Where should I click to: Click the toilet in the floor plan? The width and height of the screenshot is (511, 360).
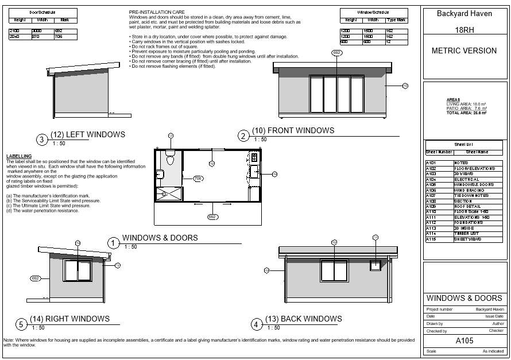[170, 156]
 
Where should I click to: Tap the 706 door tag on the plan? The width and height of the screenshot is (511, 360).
[198, 179]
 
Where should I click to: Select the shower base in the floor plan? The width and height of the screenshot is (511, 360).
[168, 193]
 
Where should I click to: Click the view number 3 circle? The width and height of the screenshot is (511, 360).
[41, 139]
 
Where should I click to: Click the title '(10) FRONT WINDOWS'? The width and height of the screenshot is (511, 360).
[293, 130]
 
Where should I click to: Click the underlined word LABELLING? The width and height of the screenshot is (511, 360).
[18, 156]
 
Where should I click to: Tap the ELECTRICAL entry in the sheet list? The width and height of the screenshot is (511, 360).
[467, 179]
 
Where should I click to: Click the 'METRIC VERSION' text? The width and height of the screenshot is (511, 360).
[464, 51]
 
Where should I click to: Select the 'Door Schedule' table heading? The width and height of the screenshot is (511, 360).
[42, 12]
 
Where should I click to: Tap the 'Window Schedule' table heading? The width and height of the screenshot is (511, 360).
[373, 12]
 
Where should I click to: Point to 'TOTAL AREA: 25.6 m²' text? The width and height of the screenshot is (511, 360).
[466, 113]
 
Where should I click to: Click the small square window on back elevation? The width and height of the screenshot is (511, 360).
[375, 265]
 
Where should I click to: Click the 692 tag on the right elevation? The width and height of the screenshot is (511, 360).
[35, 278]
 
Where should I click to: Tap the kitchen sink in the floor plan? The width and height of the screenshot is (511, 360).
[254, 170]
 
